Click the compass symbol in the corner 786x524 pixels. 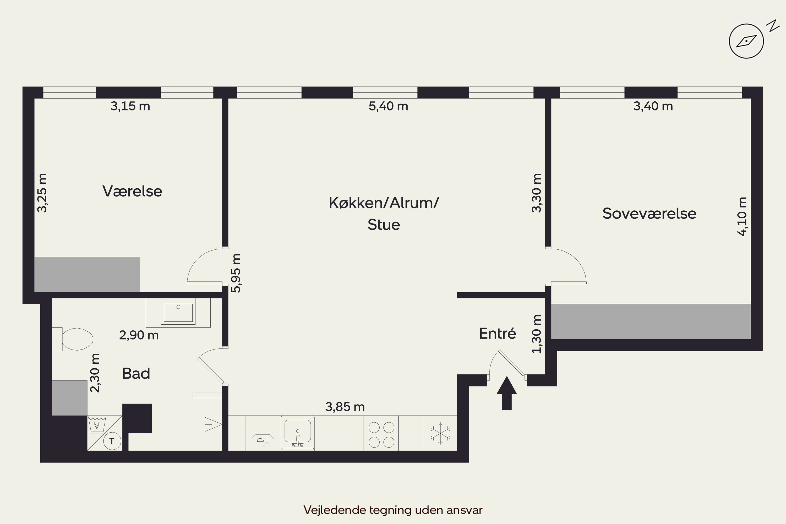746,41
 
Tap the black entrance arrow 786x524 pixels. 507,393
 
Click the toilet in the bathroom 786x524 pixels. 73,339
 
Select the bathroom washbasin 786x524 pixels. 178,313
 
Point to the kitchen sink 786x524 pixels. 297,433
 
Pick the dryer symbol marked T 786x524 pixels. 112,441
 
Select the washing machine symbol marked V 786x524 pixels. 97,425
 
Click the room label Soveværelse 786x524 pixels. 649,214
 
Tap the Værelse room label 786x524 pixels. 132,191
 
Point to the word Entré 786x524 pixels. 498,333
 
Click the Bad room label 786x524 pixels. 136,373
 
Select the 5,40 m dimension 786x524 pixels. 388,106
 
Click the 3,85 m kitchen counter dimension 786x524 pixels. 345,407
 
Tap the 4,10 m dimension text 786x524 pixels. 742,217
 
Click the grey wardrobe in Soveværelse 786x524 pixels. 651,321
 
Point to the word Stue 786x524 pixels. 384,225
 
